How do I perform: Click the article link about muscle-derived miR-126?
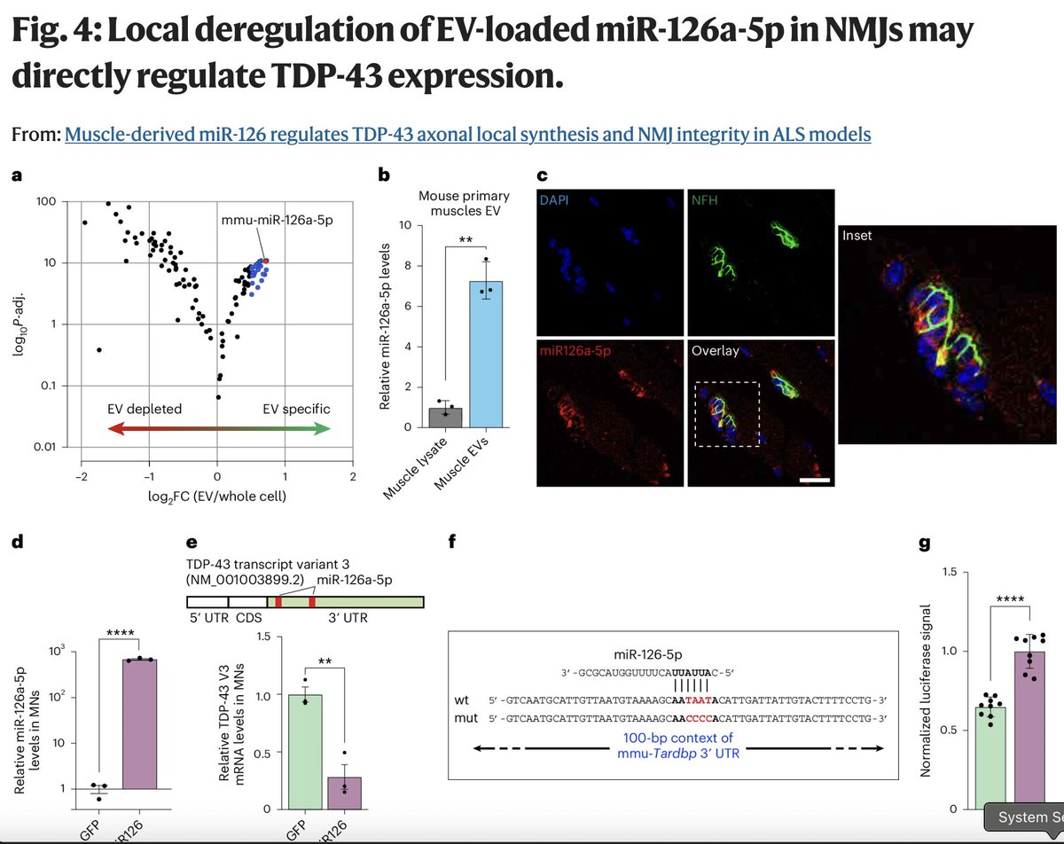point(467,135)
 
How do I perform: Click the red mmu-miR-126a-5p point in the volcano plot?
point(265,261)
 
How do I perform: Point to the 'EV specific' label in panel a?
point(296,409)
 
